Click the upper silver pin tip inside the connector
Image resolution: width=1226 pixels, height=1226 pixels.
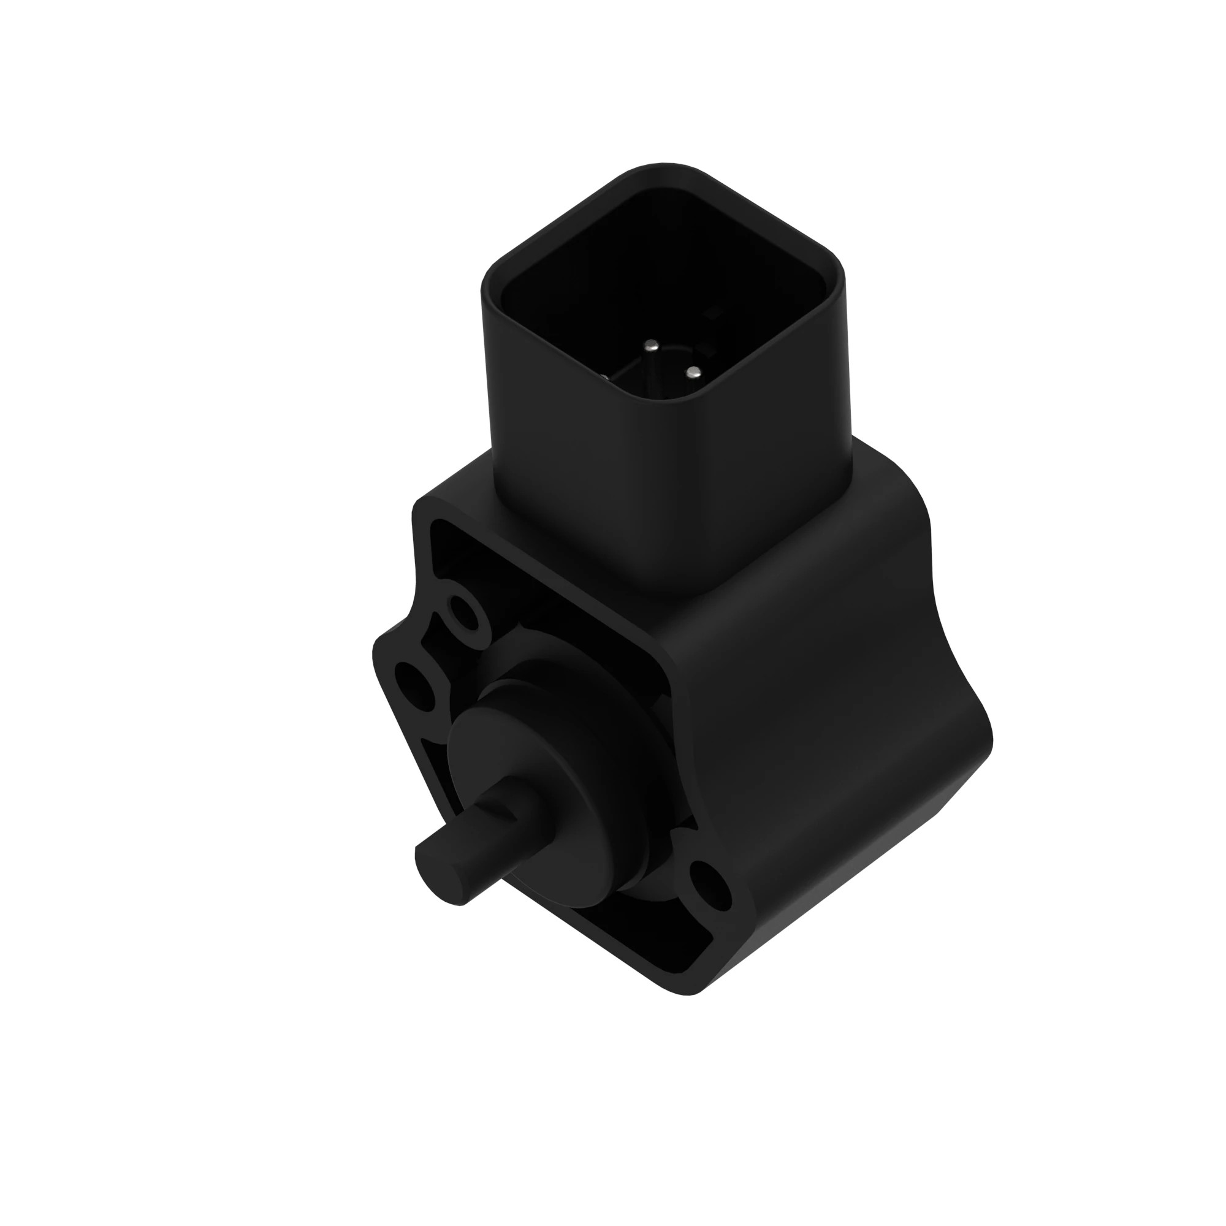[x=652, y=346]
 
